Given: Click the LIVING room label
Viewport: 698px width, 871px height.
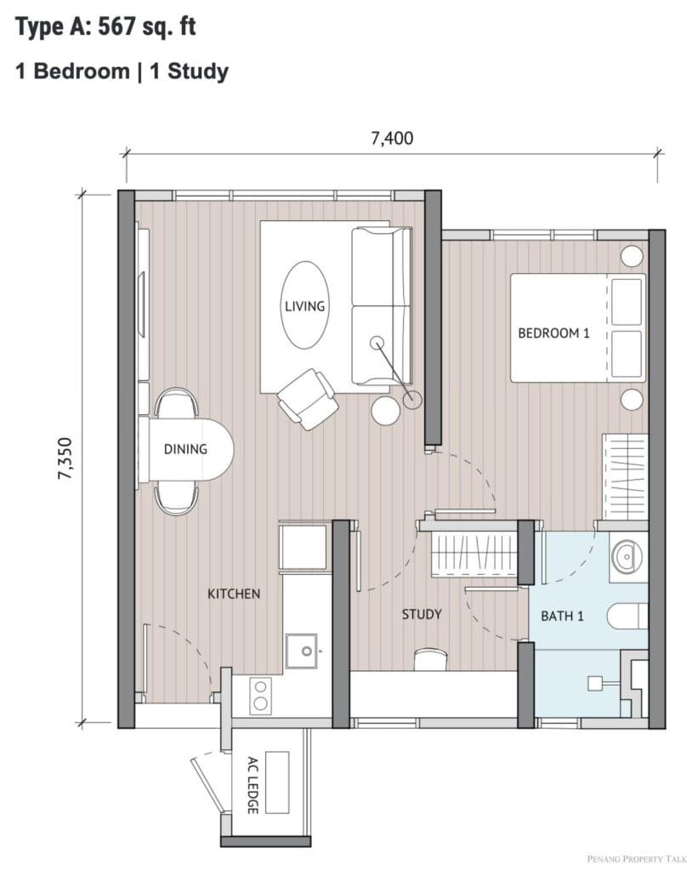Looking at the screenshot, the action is pos(304,306).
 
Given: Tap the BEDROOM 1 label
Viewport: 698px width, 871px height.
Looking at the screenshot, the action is pos(553,333).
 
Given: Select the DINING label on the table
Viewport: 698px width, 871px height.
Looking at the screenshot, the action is pos(185,449).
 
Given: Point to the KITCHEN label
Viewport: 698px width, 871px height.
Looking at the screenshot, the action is pos(234,594).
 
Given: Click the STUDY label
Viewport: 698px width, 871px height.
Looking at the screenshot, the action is pos(422,614).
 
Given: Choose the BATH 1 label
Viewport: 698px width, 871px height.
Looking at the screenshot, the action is pos(563,616).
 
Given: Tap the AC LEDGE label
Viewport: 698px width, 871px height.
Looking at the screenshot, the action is pos(253,784).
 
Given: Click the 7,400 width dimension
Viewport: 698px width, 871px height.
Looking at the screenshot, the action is pos(392,139).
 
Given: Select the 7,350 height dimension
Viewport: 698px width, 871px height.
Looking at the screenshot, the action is pos(65,458).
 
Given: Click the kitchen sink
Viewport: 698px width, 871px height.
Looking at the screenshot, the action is pos(303,651).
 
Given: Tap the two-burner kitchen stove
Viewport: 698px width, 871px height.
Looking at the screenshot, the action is pos(260,696).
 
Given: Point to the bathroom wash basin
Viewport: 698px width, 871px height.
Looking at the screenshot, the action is pos(628,556).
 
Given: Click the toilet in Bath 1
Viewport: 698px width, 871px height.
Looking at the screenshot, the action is pos(628,616).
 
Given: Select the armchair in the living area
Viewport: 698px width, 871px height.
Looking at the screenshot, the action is pos(308,399).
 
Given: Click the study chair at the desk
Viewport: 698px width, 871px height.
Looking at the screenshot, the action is pos(431,659).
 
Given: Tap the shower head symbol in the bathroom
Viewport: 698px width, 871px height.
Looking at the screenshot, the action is pos(595,683).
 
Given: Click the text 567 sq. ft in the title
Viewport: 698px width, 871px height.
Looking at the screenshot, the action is pos(147,27).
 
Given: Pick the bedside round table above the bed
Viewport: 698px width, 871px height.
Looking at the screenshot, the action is pos(632,256).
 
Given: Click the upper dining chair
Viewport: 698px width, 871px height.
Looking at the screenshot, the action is pos(176,402).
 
